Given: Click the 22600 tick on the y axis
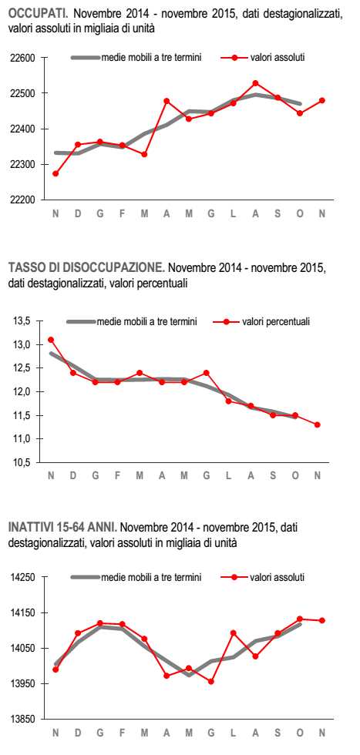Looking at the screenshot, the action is pyautogui.click(x=22, y=59).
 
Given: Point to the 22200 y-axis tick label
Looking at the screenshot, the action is pyautogui.click(x=22, y=200).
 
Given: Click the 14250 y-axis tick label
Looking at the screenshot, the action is pyautogui.click(x=22, y=577).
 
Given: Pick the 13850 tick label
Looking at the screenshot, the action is pyautogui.click(x=22, y=720).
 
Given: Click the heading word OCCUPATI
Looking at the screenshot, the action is pyautogui.click(x=39, y=14).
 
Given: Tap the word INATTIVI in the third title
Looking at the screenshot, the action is pyautogui.click(x=29, y=527).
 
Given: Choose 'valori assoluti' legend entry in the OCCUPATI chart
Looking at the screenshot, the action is pyautogui.click(x=277, y=58).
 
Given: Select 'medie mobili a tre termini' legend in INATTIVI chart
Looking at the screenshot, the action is pyautogui.click(x=151, y=577).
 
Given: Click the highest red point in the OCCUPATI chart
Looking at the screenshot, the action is pyautogui.click(x=255, y=83).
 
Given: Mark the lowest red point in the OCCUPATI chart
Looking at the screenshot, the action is pyautogui.click(x=56, y=174).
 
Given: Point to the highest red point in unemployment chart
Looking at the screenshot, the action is pyautogui.click(x=51, y=340).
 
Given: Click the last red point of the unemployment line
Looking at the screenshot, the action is pyautogui.click(x=317, y=424).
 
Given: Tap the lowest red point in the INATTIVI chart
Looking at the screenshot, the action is pyautogui.click(x=210, y=681).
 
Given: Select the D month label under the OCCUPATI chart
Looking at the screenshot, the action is pyautogui.click(x=78, y=214).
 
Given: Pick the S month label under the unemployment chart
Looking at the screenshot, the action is pyautogui.click(x=273, y=476).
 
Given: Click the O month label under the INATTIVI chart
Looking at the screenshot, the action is pyautogui.click(x=300, y=733).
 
